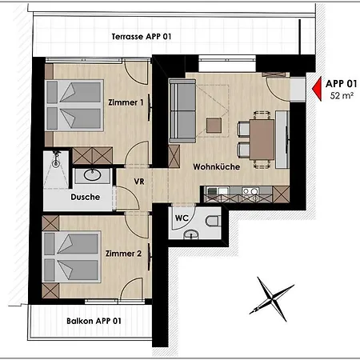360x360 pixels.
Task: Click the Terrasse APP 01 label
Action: click(141, 37)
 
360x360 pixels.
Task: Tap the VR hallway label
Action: click(138, 181)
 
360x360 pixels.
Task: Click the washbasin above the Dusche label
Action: click(88, 176)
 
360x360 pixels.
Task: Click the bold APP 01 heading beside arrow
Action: click(342, 82)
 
